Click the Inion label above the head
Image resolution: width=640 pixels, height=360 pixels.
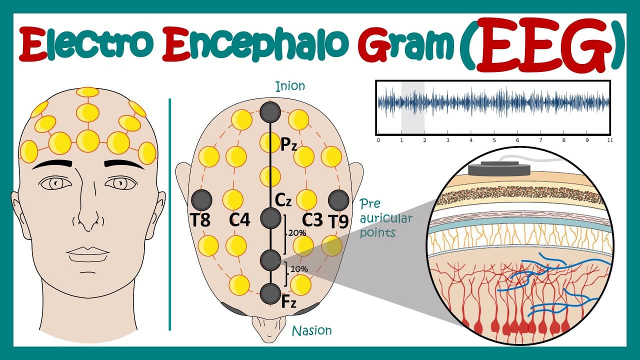pos(290,86)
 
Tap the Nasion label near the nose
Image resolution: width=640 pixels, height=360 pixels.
pos(311,331)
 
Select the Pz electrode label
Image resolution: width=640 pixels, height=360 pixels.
pos(289,144)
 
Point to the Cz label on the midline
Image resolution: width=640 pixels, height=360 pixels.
pos(283,200)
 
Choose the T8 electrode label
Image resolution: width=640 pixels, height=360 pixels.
pos(200,220)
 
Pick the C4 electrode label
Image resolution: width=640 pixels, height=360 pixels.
pos(239,220)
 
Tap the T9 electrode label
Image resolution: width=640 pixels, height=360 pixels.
pos(338,221)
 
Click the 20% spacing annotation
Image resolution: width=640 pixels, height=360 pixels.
pos(296,233)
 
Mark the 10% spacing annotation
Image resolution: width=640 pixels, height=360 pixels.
pos(299,269)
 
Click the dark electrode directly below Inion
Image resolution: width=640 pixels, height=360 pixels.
pos(270,112)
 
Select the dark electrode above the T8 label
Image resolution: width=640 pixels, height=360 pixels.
pos(201,200)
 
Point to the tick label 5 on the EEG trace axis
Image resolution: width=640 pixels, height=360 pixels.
pos(494,140)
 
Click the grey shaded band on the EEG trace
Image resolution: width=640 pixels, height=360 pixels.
pos(413,107)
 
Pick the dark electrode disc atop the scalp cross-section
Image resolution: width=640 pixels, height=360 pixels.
pos(499,168)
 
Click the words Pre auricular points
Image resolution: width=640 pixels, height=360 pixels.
pos(385,218)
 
